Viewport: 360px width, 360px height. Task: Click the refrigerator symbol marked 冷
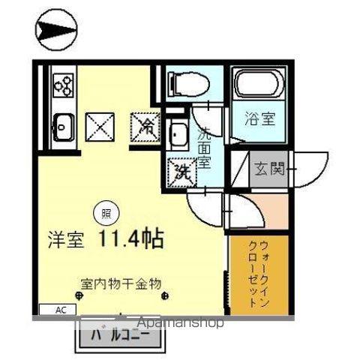point(146,125)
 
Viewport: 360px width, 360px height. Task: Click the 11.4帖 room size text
point(130,239)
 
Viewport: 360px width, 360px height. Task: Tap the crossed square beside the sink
point(98,125)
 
